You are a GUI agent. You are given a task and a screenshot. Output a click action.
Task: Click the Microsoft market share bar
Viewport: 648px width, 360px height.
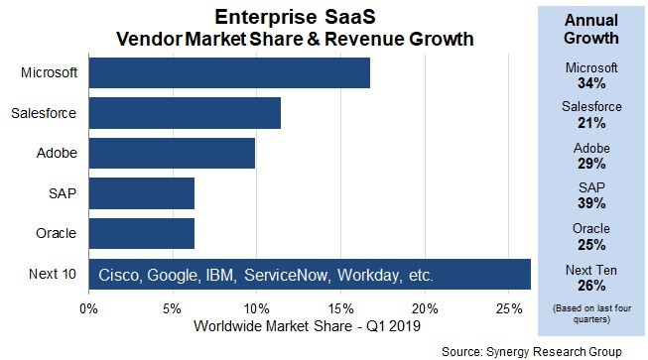[x=229, y=73]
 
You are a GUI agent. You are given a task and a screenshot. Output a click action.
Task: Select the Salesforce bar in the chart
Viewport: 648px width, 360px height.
[x=185, y=113]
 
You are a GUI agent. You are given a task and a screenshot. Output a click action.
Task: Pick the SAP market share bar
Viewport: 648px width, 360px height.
[x=141, y=193]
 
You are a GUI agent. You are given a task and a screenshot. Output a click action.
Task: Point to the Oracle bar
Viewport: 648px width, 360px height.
[x=141, y=234]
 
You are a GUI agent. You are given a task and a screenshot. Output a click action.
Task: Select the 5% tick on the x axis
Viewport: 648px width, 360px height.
[x=173, y=307]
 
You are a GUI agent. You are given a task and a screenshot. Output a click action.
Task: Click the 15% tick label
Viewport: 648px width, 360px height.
[x=339, y=307]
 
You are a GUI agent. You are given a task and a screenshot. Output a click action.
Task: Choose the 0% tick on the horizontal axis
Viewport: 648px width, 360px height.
[x=89, y=307]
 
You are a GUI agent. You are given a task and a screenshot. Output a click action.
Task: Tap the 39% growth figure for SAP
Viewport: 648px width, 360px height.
[x=590, y=202]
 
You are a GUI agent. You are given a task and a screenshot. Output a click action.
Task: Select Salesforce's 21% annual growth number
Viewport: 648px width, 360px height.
[x=590, y=122]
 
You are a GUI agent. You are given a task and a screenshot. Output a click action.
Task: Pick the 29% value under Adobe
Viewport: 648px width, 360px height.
[x=590, y=162]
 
